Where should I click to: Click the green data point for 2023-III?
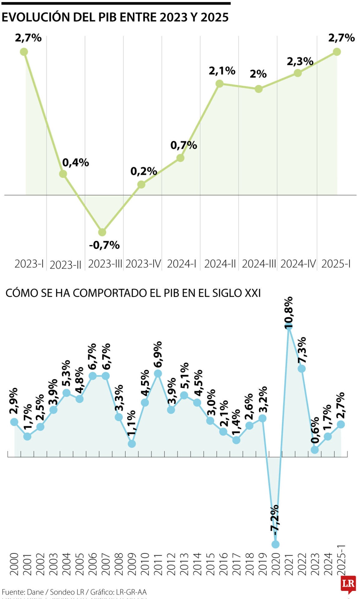[102, 232]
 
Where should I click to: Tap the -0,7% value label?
[104, 245]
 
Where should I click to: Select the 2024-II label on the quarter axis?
[220, 264]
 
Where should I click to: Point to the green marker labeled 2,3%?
[298, 73]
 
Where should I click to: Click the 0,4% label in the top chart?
[75, 163]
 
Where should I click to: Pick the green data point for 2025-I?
[337, 52]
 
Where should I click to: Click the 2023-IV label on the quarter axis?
[143, 264]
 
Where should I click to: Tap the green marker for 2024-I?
[180, 158]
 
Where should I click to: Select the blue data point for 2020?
[275, 544]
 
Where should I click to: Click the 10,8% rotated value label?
[289, 312]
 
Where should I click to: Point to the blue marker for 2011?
[158, 373]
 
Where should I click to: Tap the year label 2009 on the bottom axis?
[132, 564]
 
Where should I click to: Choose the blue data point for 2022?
[302, 369]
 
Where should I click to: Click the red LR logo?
[348, 584]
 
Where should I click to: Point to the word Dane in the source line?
[35, 592]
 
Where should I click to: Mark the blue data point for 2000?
[14, 422]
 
